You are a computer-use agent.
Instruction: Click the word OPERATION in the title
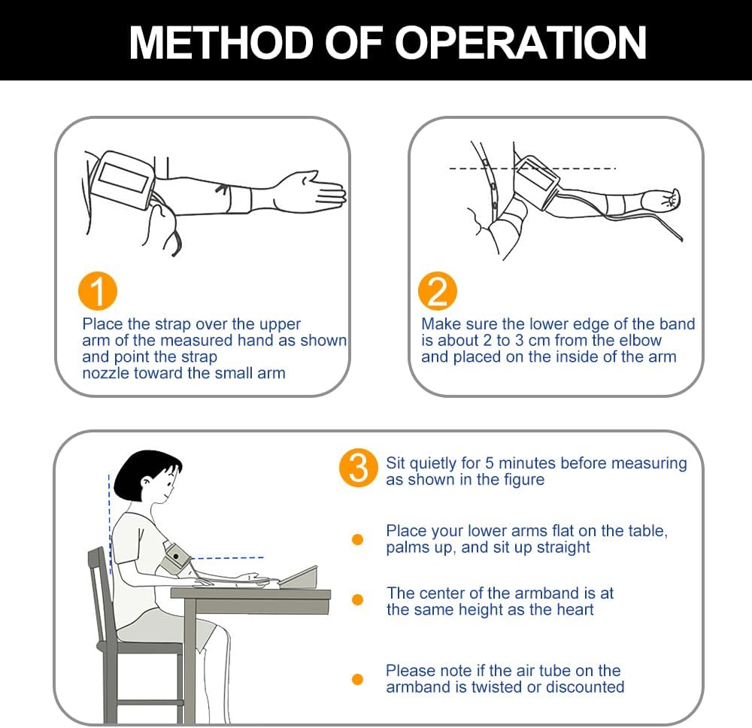pos(520,43)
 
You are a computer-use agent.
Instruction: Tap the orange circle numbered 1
pos(98,292)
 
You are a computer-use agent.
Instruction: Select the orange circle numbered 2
pos(438,291)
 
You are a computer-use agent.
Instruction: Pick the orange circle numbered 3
pos(358,468)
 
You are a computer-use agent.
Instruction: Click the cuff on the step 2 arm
pos(535,183)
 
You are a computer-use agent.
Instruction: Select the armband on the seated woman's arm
pos(174,558)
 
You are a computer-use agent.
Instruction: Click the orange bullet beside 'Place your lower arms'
pos(357,539)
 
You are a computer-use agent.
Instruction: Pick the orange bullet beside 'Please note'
pos(357,679)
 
